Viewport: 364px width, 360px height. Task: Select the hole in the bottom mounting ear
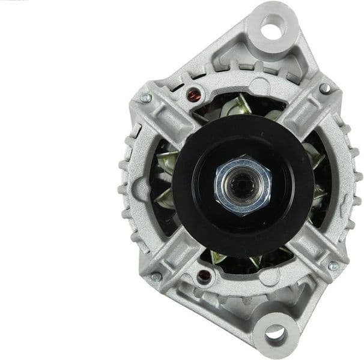point(275,332)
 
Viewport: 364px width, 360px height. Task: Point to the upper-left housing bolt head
point(145,98)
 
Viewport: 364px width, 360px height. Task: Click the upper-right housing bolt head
point(324,89)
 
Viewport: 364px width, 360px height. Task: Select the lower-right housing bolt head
point(333,266)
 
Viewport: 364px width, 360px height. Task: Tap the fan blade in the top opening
point(243,103)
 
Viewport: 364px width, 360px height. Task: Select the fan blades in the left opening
point(165,180)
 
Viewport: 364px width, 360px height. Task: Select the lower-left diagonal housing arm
point(174,252)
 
